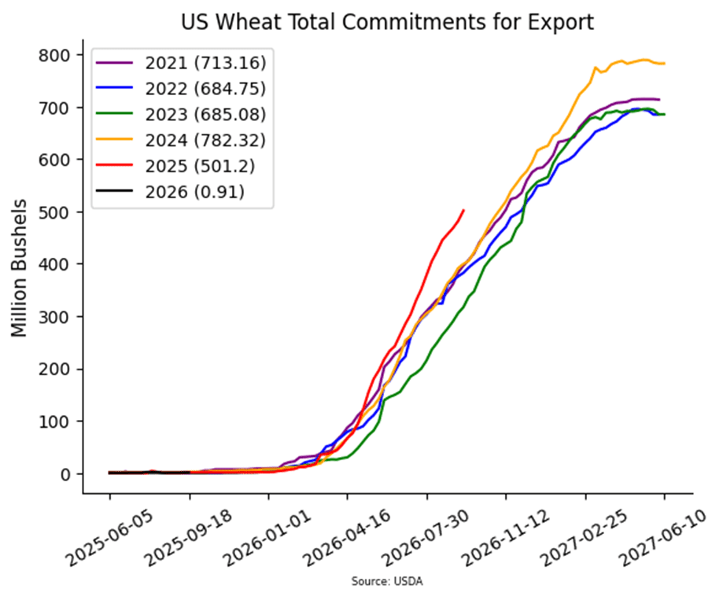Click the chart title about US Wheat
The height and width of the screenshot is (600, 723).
click(387, 21)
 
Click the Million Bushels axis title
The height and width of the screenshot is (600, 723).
click(20, 268)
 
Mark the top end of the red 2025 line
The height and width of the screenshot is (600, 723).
click(463, 210)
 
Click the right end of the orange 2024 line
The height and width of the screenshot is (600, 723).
click(664, 63)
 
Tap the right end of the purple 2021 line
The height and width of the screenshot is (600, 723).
click(658, 99)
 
